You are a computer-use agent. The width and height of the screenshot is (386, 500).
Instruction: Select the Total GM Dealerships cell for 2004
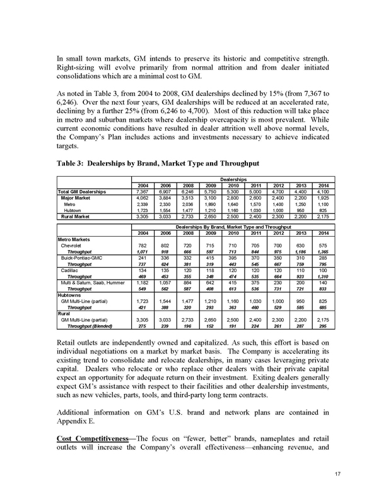143,191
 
